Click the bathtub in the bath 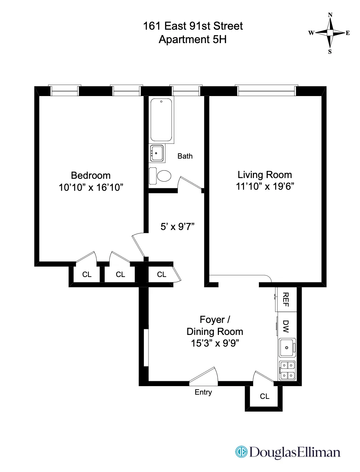click(162, 120)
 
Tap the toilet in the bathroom click(163, 176)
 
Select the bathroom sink click(157, 153)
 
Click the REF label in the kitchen click(286, 300)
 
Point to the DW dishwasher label click(286, 326)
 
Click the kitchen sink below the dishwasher click(287, 348)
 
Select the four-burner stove click(287, 370)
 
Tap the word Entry click(203, 392)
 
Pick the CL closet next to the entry click(265, 396)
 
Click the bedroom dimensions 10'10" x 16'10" click(91, 187)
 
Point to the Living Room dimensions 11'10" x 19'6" click(265, 186)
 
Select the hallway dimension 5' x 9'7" click(178, 226)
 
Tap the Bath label click(185, 156)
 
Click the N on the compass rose click(330, 15)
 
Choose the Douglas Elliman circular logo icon click(241, 452)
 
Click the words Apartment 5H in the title click(193, 40)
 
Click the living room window click(266, 91)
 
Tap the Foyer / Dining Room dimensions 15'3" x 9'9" click(215, 343)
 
